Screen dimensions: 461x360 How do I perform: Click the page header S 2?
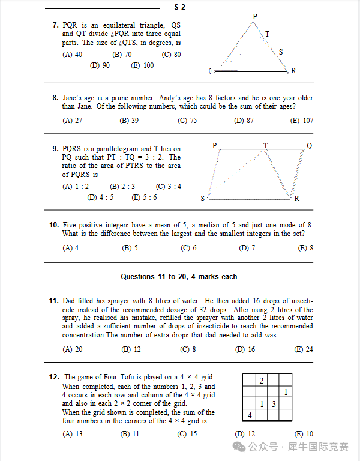179,7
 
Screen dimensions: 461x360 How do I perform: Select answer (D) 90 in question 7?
100,65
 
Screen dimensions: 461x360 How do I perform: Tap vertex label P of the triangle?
254,16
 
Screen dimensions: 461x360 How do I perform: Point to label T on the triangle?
267,34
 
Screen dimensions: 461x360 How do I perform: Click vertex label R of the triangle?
293,71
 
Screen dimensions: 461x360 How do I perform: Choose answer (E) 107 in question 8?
302,121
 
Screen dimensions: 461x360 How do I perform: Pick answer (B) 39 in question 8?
129,121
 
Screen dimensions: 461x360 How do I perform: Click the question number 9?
55,148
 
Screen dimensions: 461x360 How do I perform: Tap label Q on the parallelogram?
309,146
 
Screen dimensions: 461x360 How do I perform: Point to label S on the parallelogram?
203,199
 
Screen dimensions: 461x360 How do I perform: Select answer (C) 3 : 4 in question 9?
168,187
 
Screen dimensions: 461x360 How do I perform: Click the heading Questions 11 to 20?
179,277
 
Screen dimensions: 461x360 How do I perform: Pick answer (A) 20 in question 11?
73,349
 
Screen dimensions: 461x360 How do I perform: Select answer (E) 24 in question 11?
304,349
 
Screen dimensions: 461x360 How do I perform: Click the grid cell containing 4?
249,415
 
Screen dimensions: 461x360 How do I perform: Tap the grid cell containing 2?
261,381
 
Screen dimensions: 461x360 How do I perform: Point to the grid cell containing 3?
274,404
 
